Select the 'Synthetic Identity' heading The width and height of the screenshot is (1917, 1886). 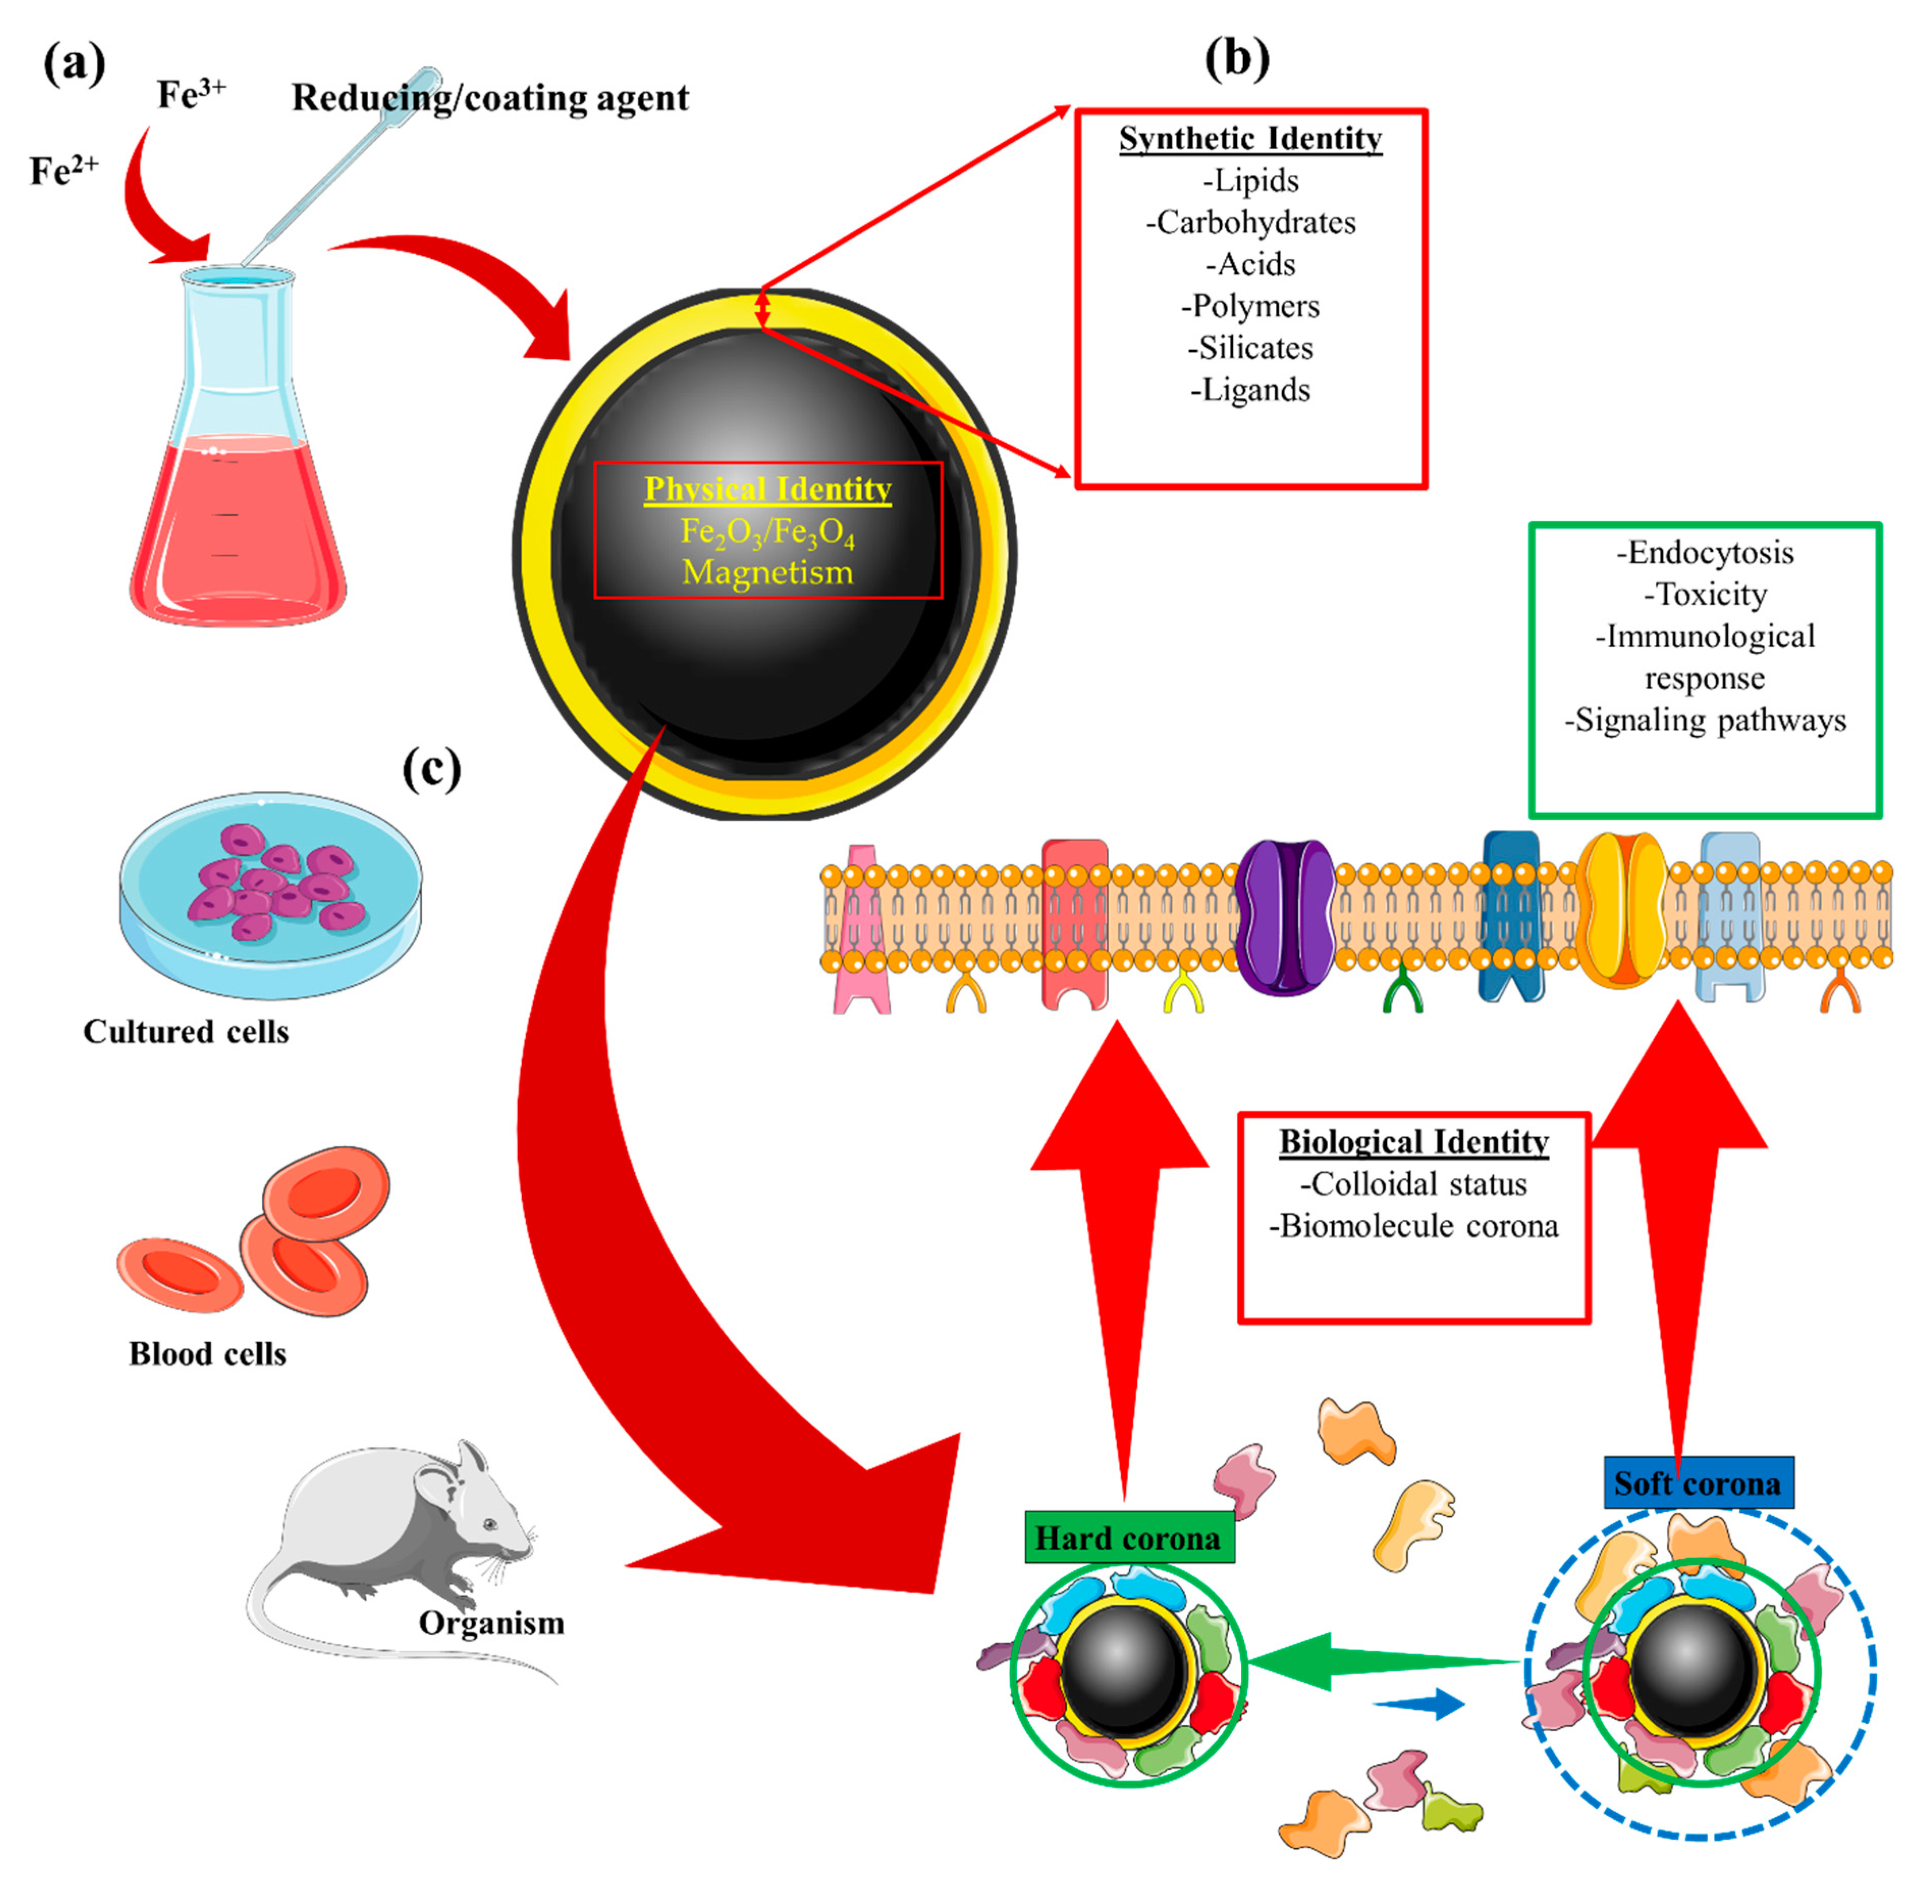(1251, 139)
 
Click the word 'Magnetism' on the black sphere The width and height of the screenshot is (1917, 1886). (768, 573)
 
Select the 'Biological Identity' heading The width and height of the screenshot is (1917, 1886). (1414, 1142)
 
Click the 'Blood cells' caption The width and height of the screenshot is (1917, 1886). (208, 1353)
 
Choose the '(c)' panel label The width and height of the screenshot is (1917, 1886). (432, 768)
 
